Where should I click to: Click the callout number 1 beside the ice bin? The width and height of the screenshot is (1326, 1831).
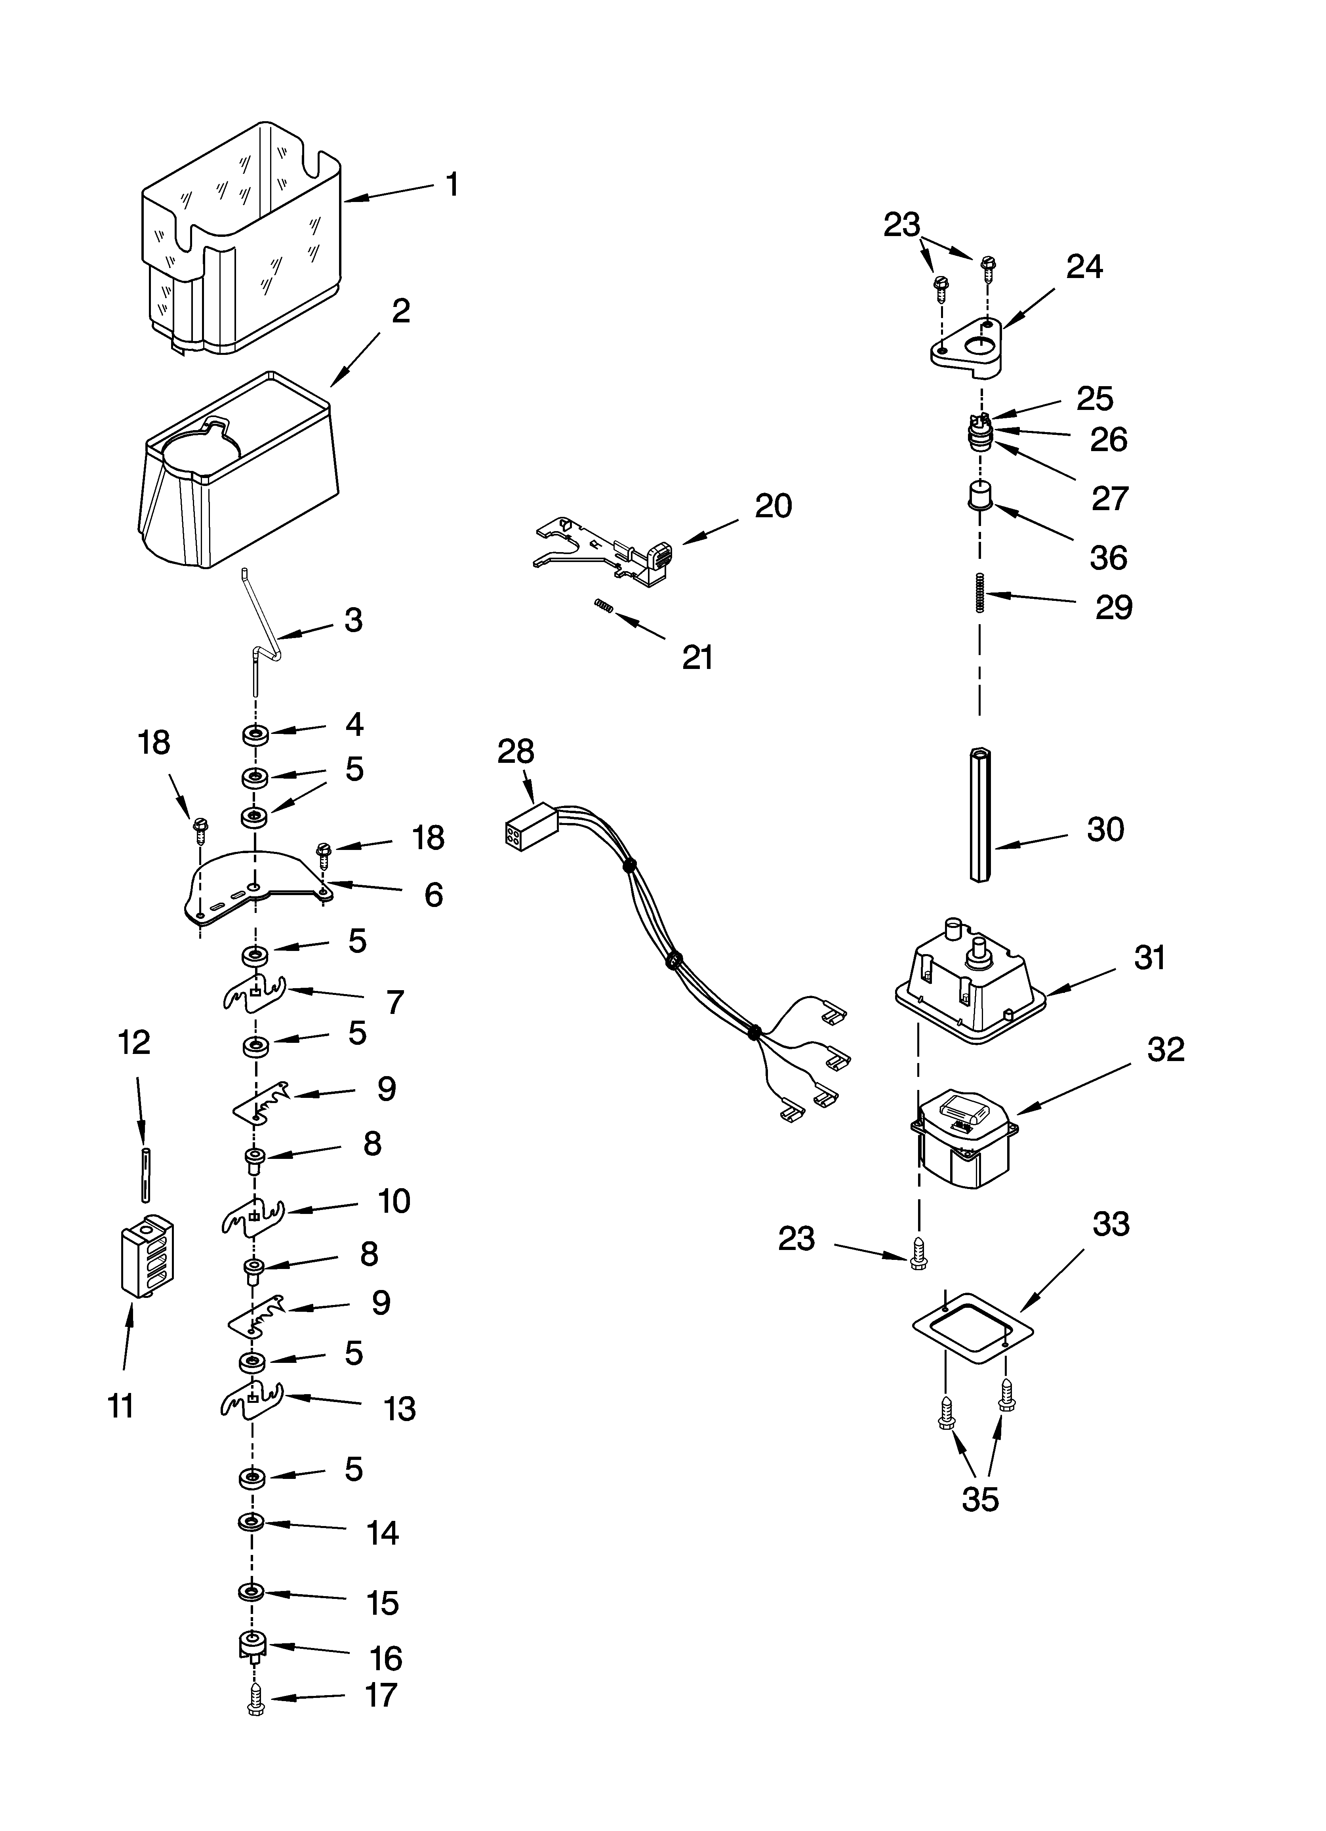point(453,185)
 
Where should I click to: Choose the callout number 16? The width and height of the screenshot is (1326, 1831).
point(386,1658)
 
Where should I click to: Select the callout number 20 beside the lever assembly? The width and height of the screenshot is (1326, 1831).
point(773,506)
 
